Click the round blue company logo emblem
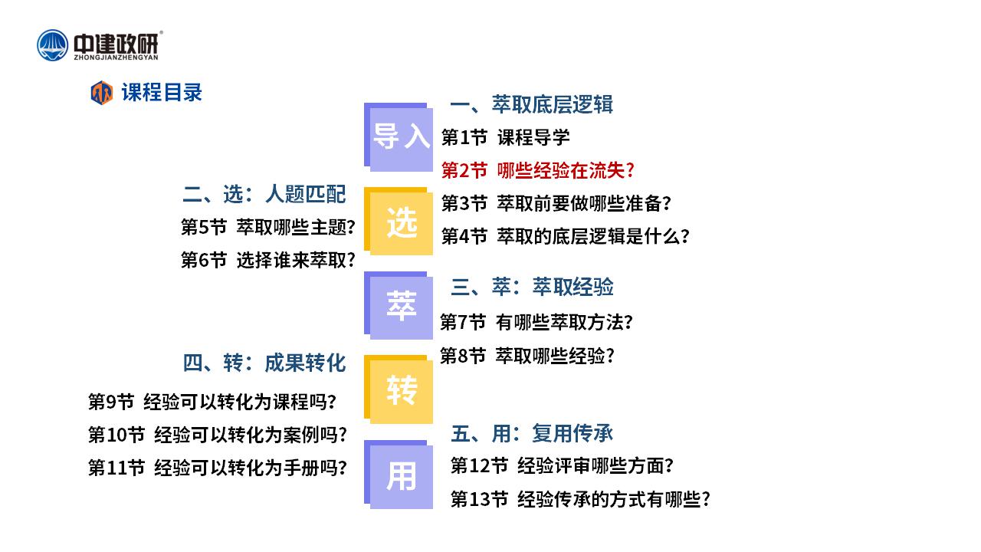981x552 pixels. point(53,45)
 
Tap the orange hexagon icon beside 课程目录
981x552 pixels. point(102,93)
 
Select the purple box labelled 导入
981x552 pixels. point(399,137)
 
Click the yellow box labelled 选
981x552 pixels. point(399,222)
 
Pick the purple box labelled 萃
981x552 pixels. point(399,305)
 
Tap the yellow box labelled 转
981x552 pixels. point(399,389)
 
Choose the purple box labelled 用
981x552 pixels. point(399,475)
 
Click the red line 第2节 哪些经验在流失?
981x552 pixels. point(538,170)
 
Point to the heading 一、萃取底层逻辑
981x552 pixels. point(532,104)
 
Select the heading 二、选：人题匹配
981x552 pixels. point(264,194)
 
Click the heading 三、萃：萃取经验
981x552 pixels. point(532,287)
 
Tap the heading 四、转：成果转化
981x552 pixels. point(264,363)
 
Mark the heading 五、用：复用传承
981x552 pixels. point(532,434)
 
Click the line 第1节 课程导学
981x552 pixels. point(505,137)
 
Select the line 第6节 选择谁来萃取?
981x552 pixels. point(268,260)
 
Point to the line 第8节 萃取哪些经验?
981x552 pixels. point(527,356)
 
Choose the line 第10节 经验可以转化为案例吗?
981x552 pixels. point(218,435)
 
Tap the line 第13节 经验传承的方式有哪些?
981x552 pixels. point(580,499)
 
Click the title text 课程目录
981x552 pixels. point(162,93)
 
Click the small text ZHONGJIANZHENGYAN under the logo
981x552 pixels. point(116,58)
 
